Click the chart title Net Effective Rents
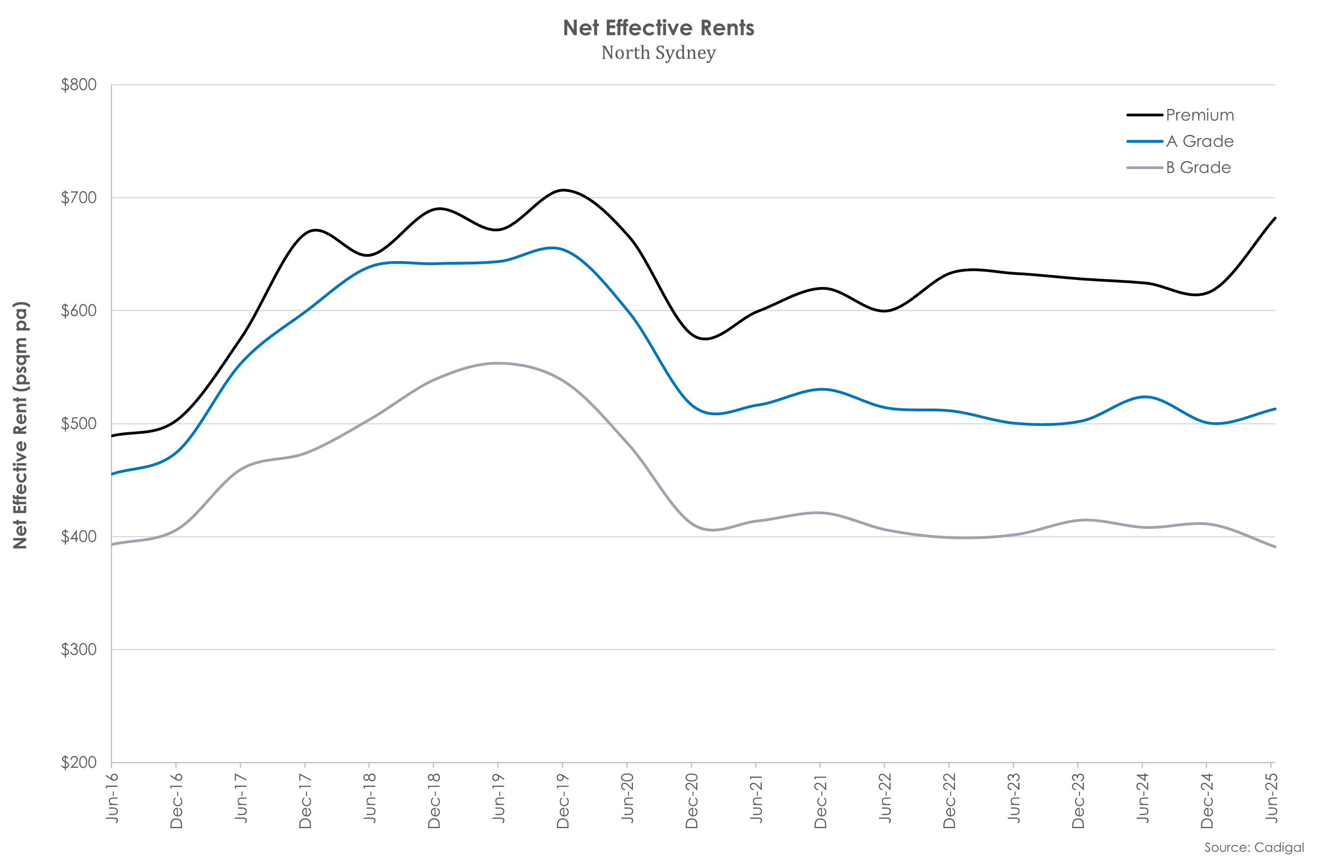coord(658,28)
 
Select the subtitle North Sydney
coord(658,53)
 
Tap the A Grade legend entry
coord(1199,142)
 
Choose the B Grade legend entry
coord(1198,168)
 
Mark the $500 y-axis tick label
coord(79,423)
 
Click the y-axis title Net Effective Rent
coord(20,425)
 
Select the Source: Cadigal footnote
coord(1254,847)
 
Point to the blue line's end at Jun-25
coord(1275,409)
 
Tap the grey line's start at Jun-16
coord(112,545)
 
